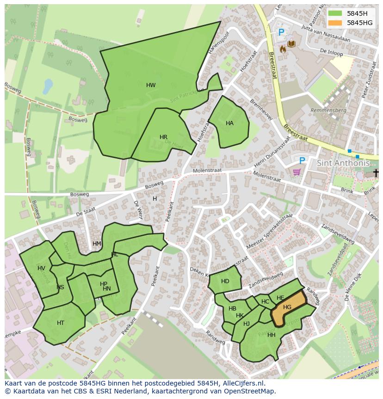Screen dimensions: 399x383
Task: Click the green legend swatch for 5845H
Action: click(335, 13)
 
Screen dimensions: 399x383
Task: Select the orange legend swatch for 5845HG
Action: click(335, 23)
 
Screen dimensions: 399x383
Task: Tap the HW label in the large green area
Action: click(151, 85)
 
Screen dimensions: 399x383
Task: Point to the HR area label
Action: click(163, 137)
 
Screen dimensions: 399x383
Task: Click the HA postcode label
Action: click(229, 123)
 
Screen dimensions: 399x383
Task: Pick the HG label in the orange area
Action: click(287, 307)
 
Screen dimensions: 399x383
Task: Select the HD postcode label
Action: click(225, 281)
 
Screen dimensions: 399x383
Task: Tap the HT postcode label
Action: click(61, 323)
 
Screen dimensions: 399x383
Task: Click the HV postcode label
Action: click(42, 268)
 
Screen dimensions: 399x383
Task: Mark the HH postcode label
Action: click(272, 335)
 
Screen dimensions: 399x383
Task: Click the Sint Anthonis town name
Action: click(343, 163)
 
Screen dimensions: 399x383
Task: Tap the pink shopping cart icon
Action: click(297, 172)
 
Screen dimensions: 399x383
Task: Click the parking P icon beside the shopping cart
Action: click(302, 160)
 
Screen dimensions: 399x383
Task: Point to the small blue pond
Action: click(48, 86)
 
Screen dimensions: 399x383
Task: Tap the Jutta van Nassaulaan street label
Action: click(325, 33)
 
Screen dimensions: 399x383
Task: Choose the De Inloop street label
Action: click(331, 52)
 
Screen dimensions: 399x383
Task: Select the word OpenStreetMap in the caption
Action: click(252, 391)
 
